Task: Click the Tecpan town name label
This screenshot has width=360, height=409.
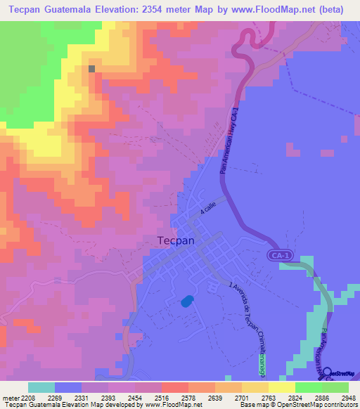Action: tap(175, 240)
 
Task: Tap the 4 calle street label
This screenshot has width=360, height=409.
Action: tap(210, 208)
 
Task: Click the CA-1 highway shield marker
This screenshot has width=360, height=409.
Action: tap(278, 257)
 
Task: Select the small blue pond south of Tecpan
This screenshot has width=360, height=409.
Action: tap(186, 301)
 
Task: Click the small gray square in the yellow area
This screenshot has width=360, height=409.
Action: tap(92, 68)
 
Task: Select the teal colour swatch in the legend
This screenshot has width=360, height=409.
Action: tap(41, 387)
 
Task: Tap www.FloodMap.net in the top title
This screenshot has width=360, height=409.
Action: tap(269, 9)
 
